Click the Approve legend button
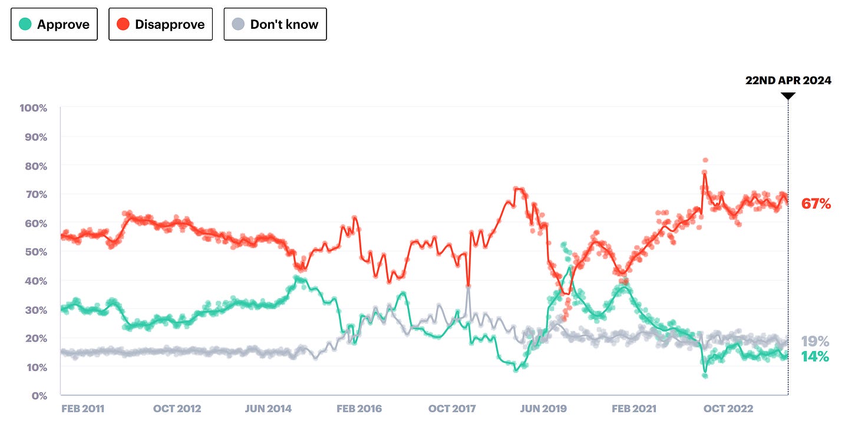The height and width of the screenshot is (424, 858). (54, 24)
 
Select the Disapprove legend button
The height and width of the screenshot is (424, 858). (160, 24)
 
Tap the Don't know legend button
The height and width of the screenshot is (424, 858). (275, 24)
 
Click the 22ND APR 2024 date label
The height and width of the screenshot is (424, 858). (788, 81)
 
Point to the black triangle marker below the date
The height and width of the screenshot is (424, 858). (788, 95)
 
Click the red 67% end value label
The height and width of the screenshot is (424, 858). (816, 204)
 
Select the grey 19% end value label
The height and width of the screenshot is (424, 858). (815, 342)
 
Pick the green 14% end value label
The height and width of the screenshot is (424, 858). (815, 356)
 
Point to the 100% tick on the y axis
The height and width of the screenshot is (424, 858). (33, 108)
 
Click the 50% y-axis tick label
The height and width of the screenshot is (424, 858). (35, 252)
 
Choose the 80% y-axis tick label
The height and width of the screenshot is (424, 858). (35, 166)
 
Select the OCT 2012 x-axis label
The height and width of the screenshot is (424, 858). (176, 409)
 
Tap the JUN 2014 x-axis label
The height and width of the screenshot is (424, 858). (268, 409)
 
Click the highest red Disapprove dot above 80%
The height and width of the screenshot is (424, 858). (705, 160)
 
